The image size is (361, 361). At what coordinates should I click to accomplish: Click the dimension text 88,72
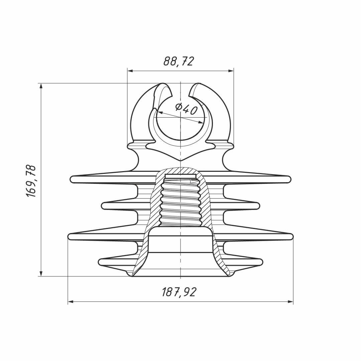178,62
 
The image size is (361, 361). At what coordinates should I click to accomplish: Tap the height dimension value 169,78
31,181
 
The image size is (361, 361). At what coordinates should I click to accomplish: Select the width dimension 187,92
179,292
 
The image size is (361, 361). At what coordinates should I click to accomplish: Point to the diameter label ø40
186,109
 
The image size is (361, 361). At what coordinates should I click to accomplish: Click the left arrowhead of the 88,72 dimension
130,71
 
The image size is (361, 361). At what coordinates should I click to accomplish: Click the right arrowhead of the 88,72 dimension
231,71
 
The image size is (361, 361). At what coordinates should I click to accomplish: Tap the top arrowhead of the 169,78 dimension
41,86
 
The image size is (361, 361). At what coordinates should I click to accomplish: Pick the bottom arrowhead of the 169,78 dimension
41,273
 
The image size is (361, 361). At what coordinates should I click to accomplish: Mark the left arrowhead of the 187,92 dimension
71,302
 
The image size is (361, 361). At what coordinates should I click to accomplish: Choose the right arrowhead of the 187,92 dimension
290,302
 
